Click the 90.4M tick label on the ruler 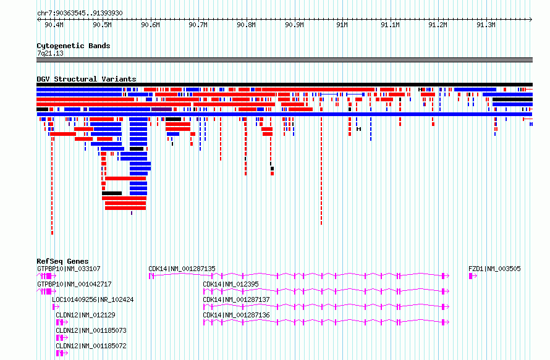(54, 25)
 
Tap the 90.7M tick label (198, 25)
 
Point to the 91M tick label (342, 25)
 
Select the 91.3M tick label (486, 25)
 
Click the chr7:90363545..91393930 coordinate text (80, 14)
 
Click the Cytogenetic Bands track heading (74, 46)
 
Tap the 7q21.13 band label (50, 53)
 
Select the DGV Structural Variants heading (87, 79)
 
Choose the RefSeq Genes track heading (62, 261)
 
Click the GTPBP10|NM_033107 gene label (69, 269)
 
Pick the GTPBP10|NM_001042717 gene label (74, 284)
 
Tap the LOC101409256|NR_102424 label (93, 299)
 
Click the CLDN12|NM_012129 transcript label (85, 315)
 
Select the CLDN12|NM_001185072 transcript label (91, 346)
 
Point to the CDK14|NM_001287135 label (182, 269)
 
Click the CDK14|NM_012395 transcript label (231, 284)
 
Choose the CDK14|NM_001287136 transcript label (237, 315)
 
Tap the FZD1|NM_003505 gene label (494, 269)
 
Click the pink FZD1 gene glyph (473, 276)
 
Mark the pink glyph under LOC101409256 (56, 307)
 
